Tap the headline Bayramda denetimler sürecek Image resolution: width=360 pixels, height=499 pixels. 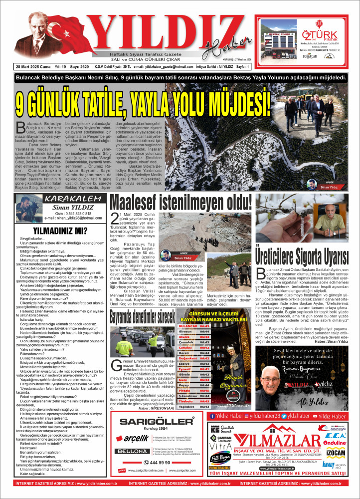tap(141, 316)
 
